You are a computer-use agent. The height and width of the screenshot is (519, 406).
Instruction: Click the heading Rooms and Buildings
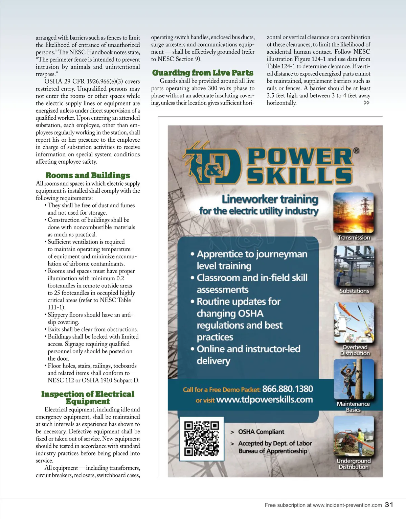tap(88, 175)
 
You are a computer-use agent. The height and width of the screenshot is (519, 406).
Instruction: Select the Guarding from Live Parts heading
tap(203, 73)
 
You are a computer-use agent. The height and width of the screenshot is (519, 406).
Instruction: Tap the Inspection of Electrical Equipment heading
tap(88, 398)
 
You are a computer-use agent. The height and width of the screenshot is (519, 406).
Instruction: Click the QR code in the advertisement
tap(202, 438)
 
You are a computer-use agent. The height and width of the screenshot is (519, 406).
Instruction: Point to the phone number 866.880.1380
tap(288, 389)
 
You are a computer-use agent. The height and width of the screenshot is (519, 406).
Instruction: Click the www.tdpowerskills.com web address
tap(264, 400)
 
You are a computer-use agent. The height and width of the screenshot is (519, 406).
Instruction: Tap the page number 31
tap(389, 504)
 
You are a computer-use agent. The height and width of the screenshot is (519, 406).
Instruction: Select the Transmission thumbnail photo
tap(354, 213)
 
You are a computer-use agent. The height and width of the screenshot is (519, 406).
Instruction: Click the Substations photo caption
tap(354, 291)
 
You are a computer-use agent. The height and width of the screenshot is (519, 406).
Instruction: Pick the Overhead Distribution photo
tap(354, 323)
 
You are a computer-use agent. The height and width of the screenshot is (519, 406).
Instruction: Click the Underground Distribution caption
tap(354, 464)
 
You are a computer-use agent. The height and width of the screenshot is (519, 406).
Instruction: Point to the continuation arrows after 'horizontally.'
tap(366, 103)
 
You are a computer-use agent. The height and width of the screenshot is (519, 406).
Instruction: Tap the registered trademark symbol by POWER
tap(356, 150)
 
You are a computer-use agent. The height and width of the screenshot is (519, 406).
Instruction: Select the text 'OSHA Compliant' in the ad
tap(261, 432)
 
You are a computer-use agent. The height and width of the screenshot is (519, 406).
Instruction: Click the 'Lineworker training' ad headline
tap(270, 199)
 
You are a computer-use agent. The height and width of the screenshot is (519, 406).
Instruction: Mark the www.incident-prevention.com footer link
tap(347, 505)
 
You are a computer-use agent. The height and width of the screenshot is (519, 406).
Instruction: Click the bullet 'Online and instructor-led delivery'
tap(248, 355)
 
